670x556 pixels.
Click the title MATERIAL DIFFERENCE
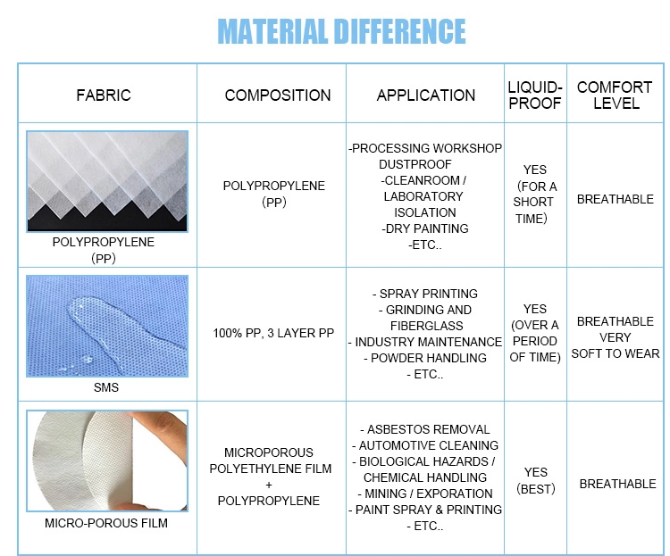[x=341, y=31]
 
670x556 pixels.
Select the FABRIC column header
[x=104, y=95]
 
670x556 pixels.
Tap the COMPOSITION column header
[x=278, y=95]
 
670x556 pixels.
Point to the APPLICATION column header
[x=425, y=95]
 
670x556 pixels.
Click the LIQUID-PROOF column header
[x=535, y=95]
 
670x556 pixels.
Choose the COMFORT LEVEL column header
[x=615, y=95]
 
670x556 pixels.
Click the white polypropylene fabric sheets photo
[x=107, y=181]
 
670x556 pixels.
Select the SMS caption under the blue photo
[x=106, y=387]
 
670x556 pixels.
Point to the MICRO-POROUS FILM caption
[x=106, y=523]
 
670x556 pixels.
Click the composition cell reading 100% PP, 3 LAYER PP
[x=273, y=333]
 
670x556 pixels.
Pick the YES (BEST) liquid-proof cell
[x=535, y=480]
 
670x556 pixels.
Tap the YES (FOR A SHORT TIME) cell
[x=534, y=194]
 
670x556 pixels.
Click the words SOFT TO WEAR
[x=616, y=353]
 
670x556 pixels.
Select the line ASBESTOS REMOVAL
[x=425, y=429]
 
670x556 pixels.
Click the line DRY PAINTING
[x=424, y=228]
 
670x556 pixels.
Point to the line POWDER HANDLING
[x=425, y=358]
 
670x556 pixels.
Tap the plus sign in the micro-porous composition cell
[x=269, y=485]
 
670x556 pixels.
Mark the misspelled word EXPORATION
[x=454, y=494]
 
